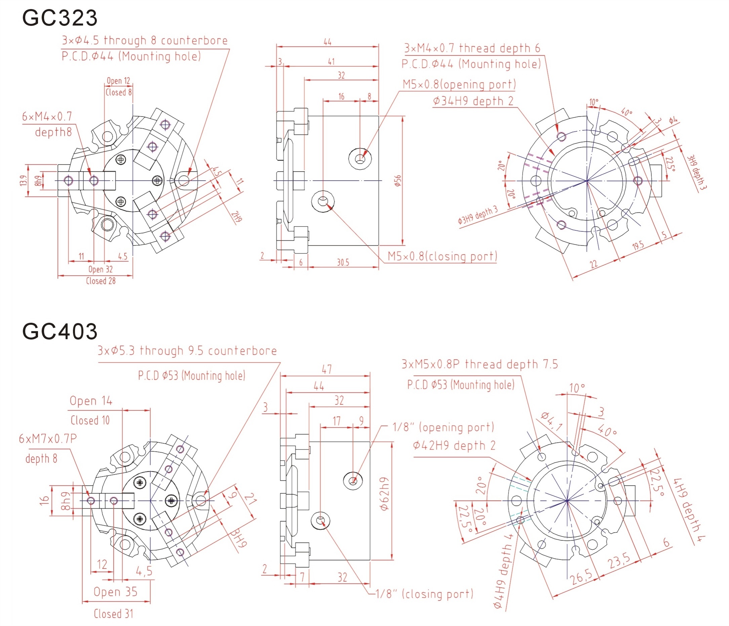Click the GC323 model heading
click(x=60, y=17)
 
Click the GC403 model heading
click(x=60, y=331)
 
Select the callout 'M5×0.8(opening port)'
click(x=459, y=84)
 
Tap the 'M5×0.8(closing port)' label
click(x=442, y=256)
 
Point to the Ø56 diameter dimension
click(x=397, y=181)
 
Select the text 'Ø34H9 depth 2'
click(x=473, y=101)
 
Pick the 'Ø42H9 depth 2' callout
click(x=454, y=446)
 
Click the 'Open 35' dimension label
click(x=115, y=592)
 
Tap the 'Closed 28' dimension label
click(x=101, y=281)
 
